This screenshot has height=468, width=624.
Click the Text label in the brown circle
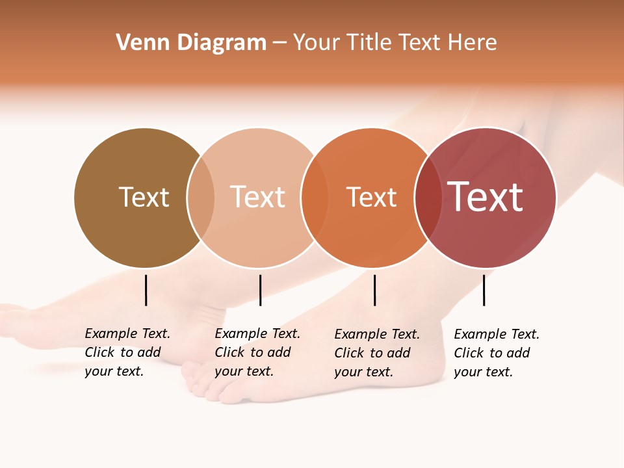click(x=144, y=197)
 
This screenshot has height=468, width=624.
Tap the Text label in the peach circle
click(x=258, y=197)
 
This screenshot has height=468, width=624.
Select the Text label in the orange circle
click(x=371, y=197)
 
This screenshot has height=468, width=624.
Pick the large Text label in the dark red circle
click(x=486, y=197)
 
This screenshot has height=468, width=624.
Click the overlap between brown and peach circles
click(x=201, y=197)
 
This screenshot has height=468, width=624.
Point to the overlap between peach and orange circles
click(x=315, y=197)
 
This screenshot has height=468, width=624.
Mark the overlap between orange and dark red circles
click(x=428, y=197)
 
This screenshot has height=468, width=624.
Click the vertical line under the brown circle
click(x=146, y=290)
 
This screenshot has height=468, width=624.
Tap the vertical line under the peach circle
click(x=260, y=290)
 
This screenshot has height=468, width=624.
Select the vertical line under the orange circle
click(x=374, y=290)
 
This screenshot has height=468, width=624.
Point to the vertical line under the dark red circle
click(x=484, y=290)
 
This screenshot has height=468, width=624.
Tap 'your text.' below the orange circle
click(x=363, y=372)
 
